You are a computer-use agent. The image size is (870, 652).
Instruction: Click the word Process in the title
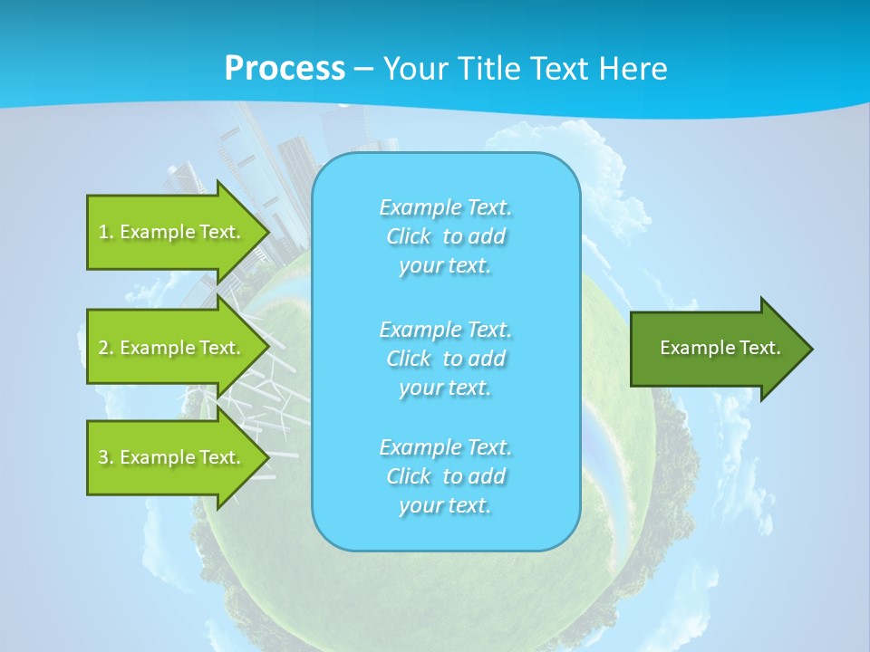click(x=285, y=69)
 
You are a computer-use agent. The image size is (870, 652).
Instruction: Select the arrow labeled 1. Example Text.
click(x=172, y=232)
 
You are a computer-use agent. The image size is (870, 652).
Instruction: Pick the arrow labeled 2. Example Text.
click(x=172, y=348)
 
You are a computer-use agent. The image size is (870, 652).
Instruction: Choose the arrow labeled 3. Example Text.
click(x=172, y=457)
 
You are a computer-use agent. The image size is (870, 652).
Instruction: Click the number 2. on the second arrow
click(x=105, y=348)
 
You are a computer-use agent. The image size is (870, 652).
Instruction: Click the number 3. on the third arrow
click(x=105, y=457)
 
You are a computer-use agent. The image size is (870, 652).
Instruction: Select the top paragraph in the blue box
click(x=446, y=236)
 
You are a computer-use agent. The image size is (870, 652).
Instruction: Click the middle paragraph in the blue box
click(x=446, y=359)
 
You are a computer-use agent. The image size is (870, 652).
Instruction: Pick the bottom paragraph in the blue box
click(x=446, y=476)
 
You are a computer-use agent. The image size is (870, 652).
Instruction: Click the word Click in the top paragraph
click(x=409, y=237)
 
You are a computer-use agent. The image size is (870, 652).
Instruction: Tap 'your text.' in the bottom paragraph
click(x=445, y=505)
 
